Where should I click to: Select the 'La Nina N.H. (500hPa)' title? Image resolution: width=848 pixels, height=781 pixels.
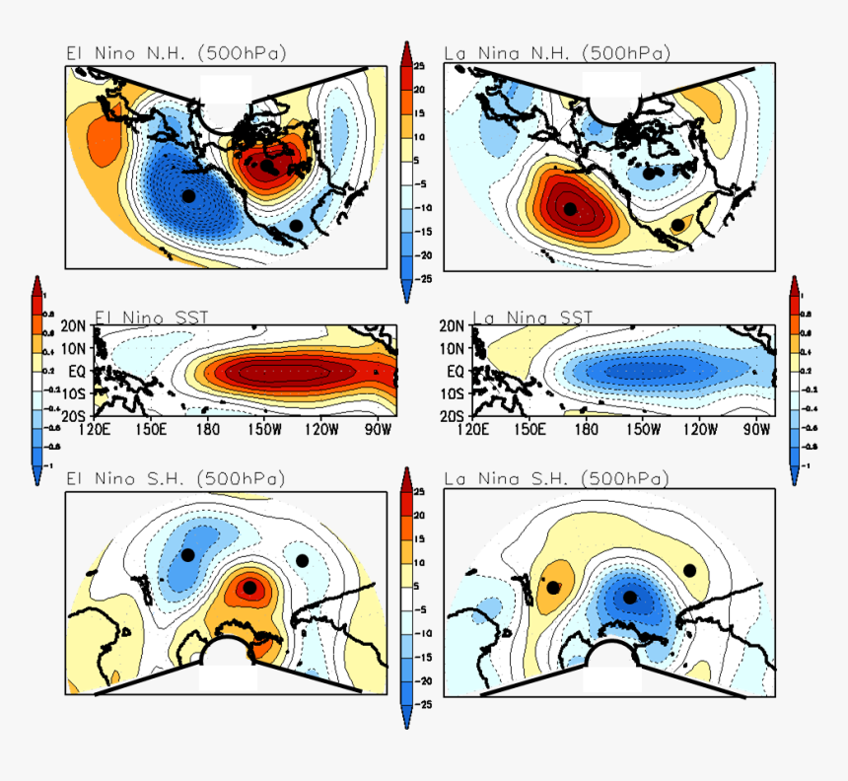point(557,53)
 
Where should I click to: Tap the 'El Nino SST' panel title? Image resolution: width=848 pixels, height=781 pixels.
point(152,317)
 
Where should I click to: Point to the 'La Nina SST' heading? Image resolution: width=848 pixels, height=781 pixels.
point(533,317)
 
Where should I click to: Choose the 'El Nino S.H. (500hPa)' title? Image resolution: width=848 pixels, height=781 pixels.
point(176,479)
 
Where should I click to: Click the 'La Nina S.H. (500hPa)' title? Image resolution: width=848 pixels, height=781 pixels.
point(556,479)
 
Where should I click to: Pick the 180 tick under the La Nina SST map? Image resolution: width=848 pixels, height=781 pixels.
point(587,429)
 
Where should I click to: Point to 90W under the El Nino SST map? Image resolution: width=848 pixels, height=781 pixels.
point(379,429)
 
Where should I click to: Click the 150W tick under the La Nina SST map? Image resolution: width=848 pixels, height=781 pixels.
point(643,429)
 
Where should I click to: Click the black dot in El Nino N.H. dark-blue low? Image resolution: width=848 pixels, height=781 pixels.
point(188,196)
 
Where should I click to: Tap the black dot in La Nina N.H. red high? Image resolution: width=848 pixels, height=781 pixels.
point(570,207)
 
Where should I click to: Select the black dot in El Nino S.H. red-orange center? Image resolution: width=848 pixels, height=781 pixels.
point(250,588)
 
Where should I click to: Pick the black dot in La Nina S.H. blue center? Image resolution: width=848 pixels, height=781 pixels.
point(630,597)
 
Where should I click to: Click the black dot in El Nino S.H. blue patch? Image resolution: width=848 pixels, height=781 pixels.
point(187,555)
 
